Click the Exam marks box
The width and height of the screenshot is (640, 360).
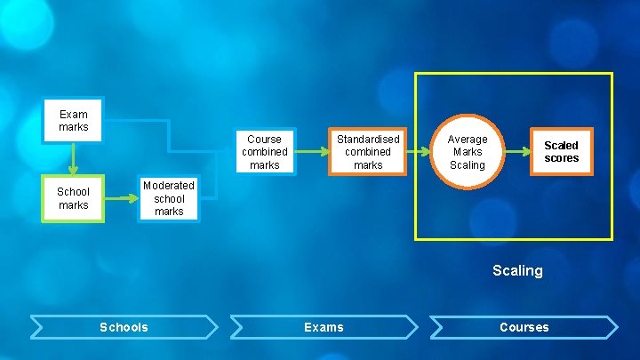[x=74, y=120]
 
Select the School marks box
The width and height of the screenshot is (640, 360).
[x=73, y=198]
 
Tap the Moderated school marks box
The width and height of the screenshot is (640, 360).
[x=169, y=198]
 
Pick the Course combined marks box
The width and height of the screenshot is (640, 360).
[x=264, y=152]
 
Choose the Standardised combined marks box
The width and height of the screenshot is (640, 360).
[x=368, y=152]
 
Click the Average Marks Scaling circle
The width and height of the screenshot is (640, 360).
[x=467, y=152]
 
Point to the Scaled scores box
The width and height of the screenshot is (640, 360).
[x=561, y=152]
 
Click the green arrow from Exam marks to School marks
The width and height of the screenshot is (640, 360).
[x=74, y=158]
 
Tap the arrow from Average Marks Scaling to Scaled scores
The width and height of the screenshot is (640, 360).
[x=519, y=152]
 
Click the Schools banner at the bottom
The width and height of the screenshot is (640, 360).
[x=124, y=327]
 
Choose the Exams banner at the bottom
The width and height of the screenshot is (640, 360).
[x=324, y=327]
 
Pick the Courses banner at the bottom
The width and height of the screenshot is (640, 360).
[x=524, y=327]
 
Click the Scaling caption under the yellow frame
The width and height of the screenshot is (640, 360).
[x=517, y=270]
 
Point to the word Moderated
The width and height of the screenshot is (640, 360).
[x=169, y=186]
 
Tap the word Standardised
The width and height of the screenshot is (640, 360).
[x=368, y=140]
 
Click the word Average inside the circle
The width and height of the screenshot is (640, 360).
[x=468, y=140]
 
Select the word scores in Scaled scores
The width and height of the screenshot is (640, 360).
[x=561, y=158]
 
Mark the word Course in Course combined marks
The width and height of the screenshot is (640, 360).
[x=264, y=140]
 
